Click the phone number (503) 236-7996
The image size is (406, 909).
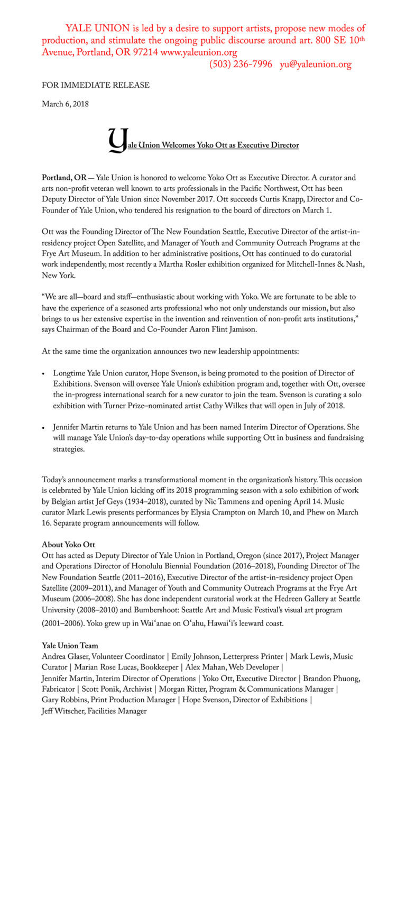pyautogui.click(x=241, y=65)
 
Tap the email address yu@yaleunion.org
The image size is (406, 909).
pyautogui.click(x=316, y=65)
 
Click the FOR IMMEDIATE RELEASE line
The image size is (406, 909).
pyautogui.click(x=96, y=85)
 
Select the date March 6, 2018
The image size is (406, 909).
pyautogui.click(x=65, y=104)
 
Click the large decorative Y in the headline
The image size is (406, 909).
pyautogui.click(x=117, y=140)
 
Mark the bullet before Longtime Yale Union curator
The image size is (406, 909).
pyautogui.click(x=44, y=374)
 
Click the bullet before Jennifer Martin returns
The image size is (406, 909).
pyautogui.click(x=44, y=427)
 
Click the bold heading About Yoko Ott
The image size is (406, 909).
pyautogui.click(x=68, y=545)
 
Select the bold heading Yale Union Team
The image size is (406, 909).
pyautogui.click(x=70, y=646)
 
